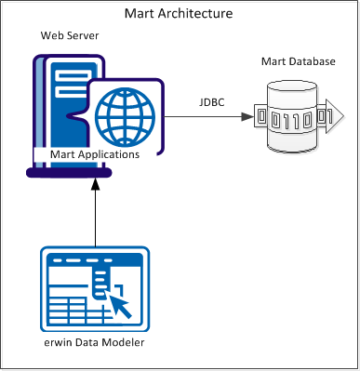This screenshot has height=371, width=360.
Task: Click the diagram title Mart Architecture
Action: [x=179, y=14]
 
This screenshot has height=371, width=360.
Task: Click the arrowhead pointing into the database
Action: [x=246, y=117]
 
